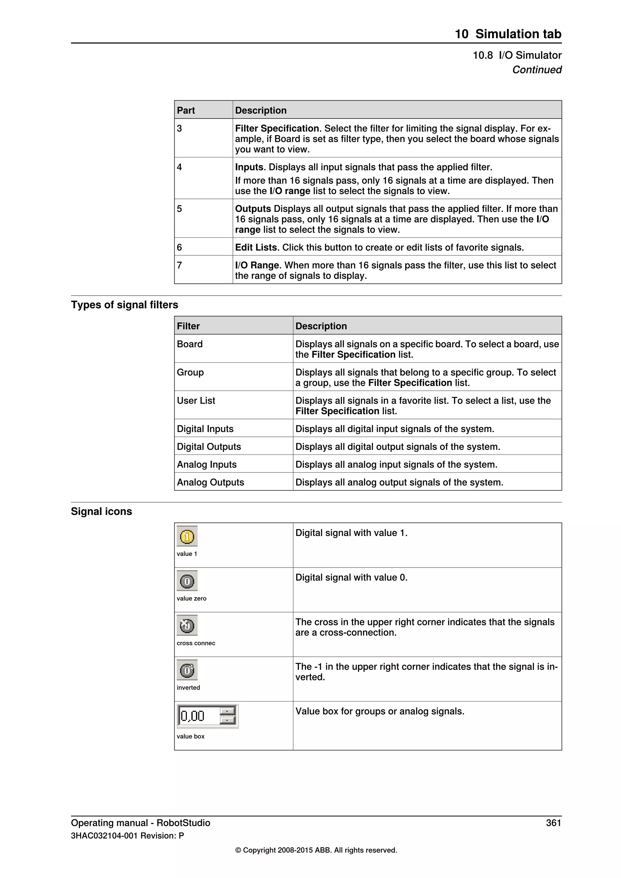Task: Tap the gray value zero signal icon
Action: point(187,581)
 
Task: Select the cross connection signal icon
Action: point(187,625)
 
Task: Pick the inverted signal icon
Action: point(187,670)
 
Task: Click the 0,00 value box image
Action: point(207,716)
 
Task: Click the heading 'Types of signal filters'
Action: point(124,305)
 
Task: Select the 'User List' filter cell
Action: point(196,400)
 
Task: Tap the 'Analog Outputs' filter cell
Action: point(210,482)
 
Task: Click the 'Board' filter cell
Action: point(190,344)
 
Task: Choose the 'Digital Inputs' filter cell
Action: point(205,429)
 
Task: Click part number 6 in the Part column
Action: point(179,247)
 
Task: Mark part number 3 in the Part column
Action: point(179,129)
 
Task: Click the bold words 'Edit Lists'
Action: point(256,247)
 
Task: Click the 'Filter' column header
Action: point(188,326)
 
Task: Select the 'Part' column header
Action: point(186,111)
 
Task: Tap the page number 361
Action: point(553,823)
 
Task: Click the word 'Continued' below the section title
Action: point(536,70)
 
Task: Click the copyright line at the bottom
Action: point(316,850)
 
